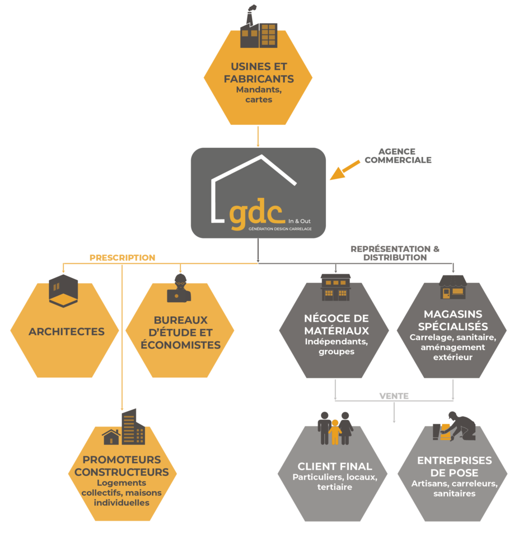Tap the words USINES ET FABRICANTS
[258, 73]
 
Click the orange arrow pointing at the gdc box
[345, 170]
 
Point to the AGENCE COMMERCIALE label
[397, 155]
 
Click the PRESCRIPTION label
[122, 258]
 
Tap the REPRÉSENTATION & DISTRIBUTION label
[395, 253]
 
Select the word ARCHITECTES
[66, 332]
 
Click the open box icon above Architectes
[63, 290]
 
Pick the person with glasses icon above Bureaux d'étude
[179, 288]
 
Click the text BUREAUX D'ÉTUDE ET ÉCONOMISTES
[180, 333]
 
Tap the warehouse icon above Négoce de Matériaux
[335, 286]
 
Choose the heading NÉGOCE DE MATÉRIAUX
[336, 325]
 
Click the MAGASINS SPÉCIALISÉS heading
[453, 320]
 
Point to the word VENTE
[394, 396]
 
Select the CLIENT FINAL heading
[335, 466]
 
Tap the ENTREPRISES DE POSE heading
[454, 466]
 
